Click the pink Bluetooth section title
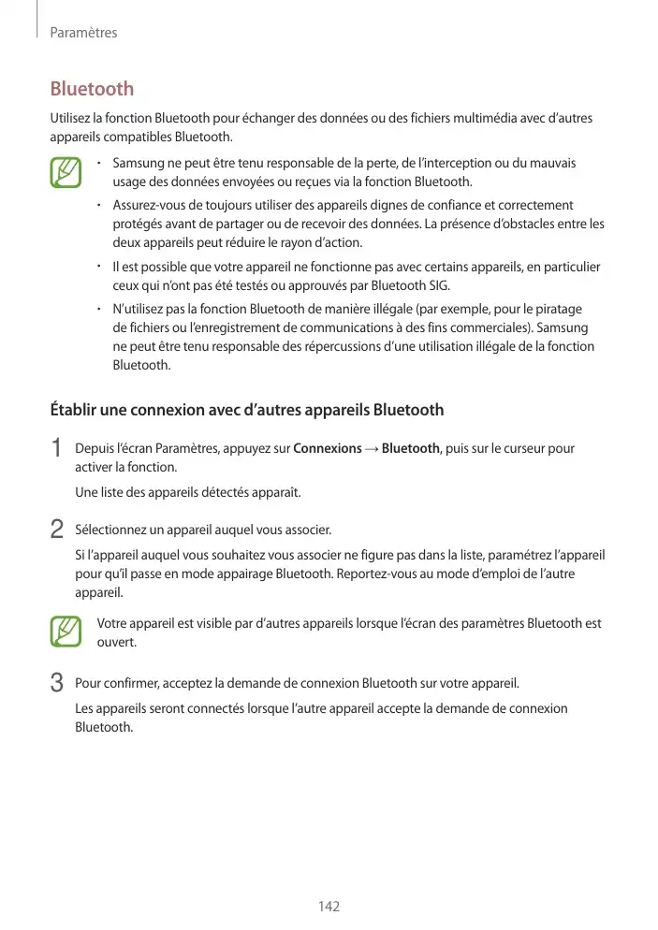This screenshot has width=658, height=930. coord(92,89)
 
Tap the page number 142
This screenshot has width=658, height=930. coord(329,906)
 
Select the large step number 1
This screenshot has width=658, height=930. coord(56,449)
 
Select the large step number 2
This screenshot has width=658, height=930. coord(56,530)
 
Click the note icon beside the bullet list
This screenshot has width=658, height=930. coord(66,174)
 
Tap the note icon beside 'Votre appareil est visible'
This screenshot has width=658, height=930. coord(66,632)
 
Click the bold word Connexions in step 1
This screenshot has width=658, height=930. coord(328,449)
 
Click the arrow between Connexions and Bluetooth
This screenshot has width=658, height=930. coord(372,449)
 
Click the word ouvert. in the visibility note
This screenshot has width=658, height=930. coord(117,643)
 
